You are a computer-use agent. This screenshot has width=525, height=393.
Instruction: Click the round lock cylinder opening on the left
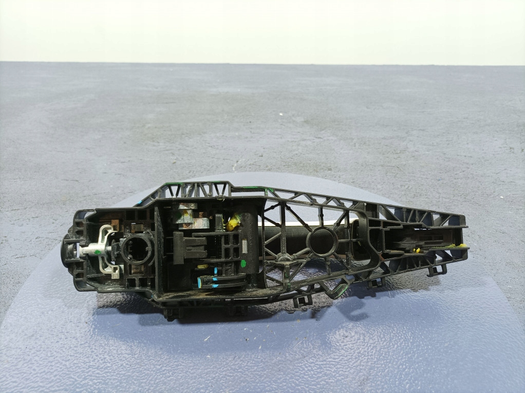(137, 249)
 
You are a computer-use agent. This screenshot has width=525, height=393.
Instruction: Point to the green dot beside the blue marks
(243, 264)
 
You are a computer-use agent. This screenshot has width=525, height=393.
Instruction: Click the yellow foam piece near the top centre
(233, 222)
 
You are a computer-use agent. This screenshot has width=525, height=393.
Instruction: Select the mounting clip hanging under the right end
(437, 269)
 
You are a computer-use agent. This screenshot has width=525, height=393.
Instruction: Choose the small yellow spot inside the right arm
(417, 250)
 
